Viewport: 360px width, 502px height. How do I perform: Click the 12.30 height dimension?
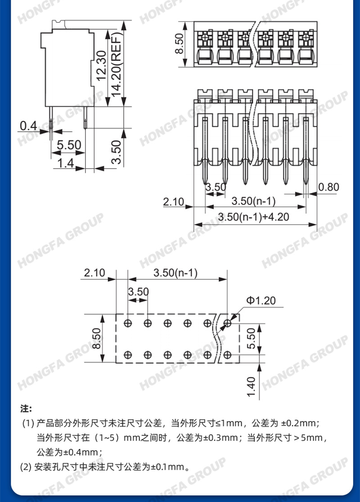coord(101,66)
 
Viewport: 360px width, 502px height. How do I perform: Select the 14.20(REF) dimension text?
coord(116,64)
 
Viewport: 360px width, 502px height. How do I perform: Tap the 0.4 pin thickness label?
coord(28,126)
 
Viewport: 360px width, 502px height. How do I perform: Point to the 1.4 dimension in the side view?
coord(66,163)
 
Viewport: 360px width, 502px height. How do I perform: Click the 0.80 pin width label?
coord(328,187)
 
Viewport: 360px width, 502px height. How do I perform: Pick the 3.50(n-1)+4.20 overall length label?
coord(253,217)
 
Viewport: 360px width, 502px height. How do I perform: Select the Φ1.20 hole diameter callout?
coord(261,300)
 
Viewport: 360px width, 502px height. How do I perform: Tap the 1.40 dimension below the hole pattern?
coord(252,386)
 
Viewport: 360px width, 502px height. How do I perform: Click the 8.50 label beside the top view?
coord(179,44)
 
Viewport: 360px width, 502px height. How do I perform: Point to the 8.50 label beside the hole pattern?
coord(96,338)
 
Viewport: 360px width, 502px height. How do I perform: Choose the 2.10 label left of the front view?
coord(173,202)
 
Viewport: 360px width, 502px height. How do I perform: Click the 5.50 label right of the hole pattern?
coord(252,338)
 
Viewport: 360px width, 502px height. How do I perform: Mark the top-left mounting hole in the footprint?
coord(128,323)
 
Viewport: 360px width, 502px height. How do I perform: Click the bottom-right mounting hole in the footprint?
coord(227,355)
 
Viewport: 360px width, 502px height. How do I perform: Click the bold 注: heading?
coord(26,409)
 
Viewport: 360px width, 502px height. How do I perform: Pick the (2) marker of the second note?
coord(26,467)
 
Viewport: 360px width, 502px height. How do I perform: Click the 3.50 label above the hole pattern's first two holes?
coord(138,291)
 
